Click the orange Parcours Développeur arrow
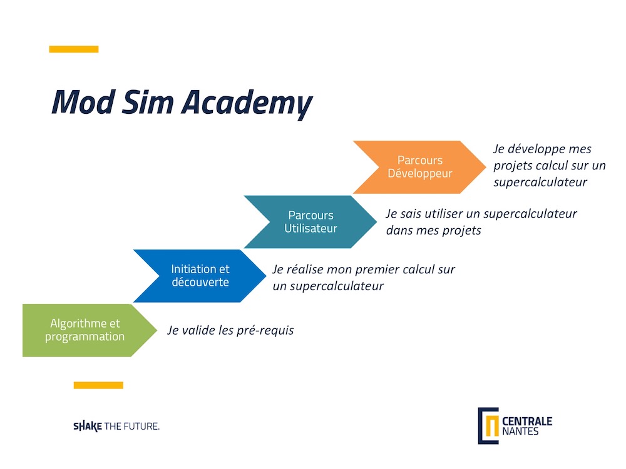pyautogui.click(x=419, y=167)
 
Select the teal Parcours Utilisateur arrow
pyautogui.click(x=310, y=222)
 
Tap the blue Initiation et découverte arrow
pyautogui.click(x=200, y=276)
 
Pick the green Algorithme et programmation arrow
pyautogui.click(x=90, y=330)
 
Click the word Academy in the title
pyautogui.click(x=247, y=104)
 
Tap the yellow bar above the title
pyautogui.click(x=74, y=49)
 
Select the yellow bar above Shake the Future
pyautogui.click(x=98, y=385)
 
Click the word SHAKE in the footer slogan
pyautogui.click(x=88, y=426)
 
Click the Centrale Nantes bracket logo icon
pyautogui.click(x=488, y=425)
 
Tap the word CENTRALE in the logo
pyautogui.click(x=527, y=421)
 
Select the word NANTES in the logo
pyautogui.click(x=520, y=431)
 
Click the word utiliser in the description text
pyautogui.click(x=444, y=214)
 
